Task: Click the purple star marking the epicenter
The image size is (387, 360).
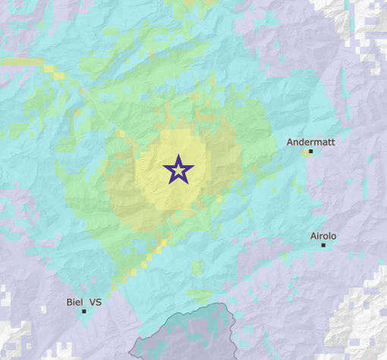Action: click(x=178, y=170)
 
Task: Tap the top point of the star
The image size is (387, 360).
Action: click(x=178, y=155)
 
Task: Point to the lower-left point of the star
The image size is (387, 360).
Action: click(x=169, y=182)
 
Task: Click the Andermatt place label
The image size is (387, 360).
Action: click(x=310, y=142)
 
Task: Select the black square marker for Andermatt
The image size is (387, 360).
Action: click(x=310, y=152)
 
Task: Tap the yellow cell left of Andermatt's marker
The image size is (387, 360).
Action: click(x=305, y=153)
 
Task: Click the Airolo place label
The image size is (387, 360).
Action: click(x=323, y=236)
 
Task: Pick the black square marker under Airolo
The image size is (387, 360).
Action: click(x=323, y=245)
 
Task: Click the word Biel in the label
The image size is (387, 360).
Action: click(x=74, y=302)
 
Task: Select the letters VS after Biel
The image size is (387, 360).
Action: click(x=96, y=302)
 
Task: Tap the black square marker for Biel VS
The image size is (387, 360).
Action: click(x=83, y=311)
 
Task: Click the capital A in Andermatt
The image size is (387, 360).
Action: click(x=290, y=142)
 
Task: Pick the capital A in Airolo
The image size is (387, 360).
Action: click(x=313, y=236)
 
